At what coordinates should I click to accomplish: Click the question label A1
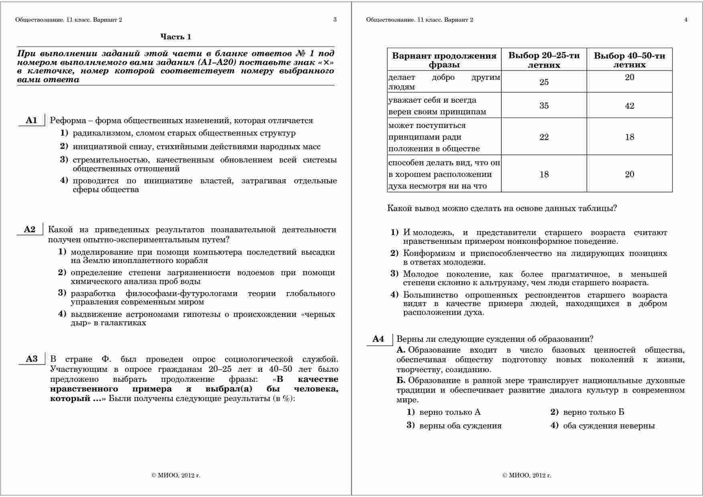pyautogui.click(x=31, y=120)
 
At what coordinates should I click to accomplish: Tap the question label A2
pyautogui.click(x=30, y=229)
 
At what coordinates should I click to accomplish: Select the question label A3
pyautogui.click(x=32, y=359)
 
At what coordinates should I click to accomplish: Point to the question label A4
pyautogui.click(x=378, y=339)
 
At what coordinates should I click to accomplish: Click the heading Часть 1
pyautogui.click(x=176, y=37)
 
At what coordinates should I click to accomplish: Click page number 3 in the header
pyautogui.click(x=335, y=20)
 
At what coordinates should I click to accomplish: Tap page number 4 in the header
pyautogui.click(x=686, y=20)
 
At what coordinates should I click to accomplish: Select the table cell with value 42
pyautogui.click(x=629, y=106)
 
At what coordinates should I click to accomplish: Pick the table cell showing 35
pyautogui.click(x=544, y=105)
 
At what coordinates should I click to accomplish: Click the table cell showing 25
pyautogui.click(x=544, y=82)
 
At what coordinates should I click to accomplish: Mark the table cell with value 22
pyautogui.click(x=544, y=137)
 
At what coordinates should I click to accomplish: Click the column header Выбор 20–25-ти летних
pyautogui.click(x=544, y=60)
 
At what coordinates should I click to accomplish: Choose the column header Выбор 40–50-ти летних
pyautogui.click(x=629, y=60)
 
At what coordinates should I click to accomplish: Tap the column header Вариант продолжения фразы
pyautogui.click(x=444, y=60)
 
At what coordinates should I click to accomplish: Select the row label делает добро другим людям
pyautogui.click(x=444, y=82)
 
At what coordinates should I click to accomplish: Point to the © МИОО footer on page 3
pyautogui.click(x=176, y=475)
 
